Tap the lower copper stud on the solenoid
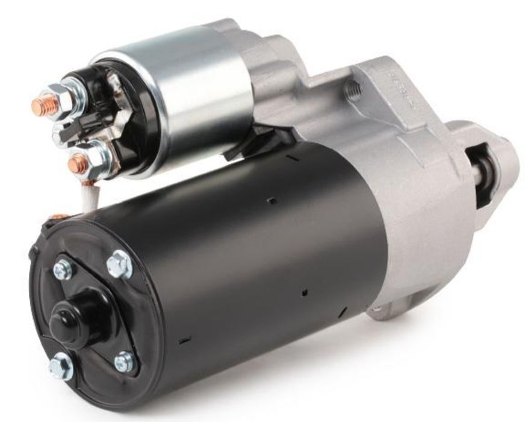[x=77, y=163]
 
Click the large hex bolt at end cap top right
[x=119, y=263]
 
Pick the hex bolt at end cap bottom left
[x=61, y=365]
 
